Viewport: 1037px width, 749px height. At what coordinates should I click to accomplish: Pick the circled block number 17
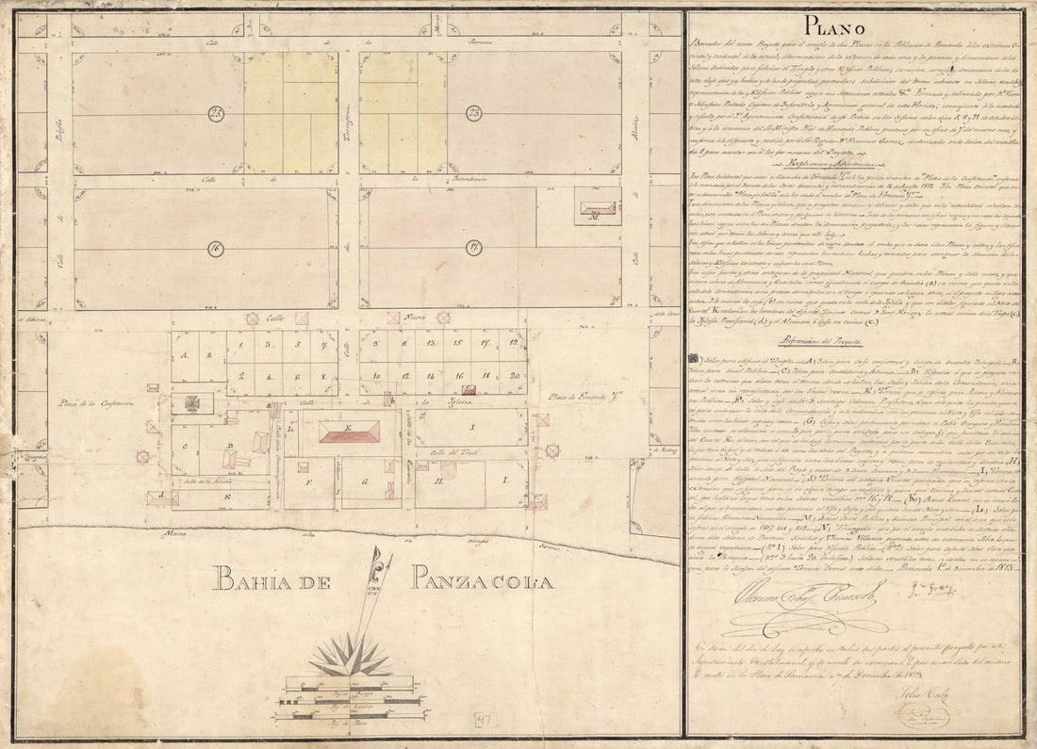[472, 250]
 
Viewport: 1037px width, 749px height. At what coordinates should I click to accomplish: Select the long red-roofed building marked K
[348, 432]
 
